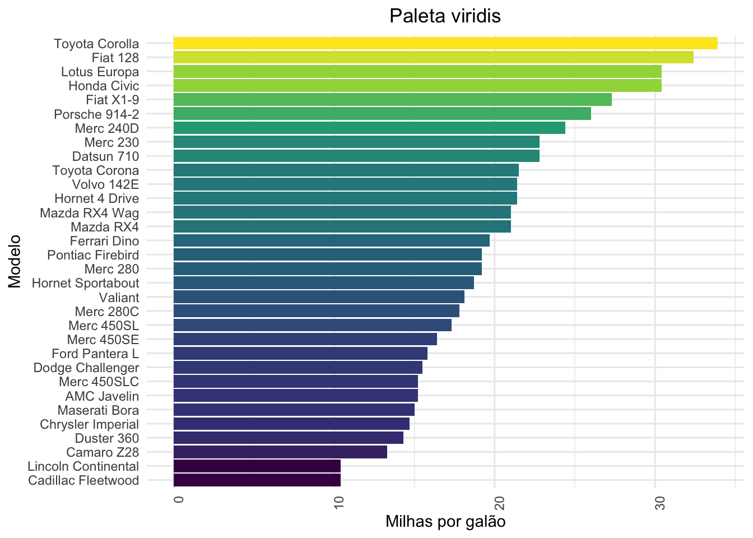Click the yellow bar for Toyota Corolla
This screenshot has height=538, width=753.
point(445,43)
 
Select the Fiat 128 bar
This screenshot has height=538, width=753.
point(433,57)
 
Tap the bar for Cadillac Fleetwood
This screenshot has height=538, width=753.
point(257,480)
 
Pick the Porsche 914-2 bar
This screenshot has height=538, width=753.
point(382,114)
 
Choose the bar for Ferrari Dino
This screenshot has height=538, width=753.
point(332,241)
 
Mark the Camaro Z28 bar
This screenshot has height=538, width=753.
point(280,452)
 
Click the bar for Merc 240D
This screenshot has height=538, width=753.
point(369,128)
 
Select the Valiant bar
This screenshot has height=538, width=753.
point(319,297)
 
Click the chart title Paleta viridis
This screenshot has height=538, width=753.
point(445,16)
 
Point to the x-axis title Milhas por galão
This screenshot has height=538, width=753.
point(445,522)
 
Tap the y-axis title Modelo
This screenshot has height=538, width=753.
point(15,262)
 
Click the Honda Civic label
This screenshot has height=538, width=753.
point(104,86)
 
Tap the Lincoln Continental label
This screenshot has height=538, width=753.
point(83,466)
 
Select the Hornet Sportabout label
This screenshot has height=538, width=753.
point(85,283)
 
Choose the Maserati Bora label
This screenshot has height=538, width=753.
point(98,410)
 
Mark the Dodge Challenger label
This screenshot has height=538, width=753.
point(86,368)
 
